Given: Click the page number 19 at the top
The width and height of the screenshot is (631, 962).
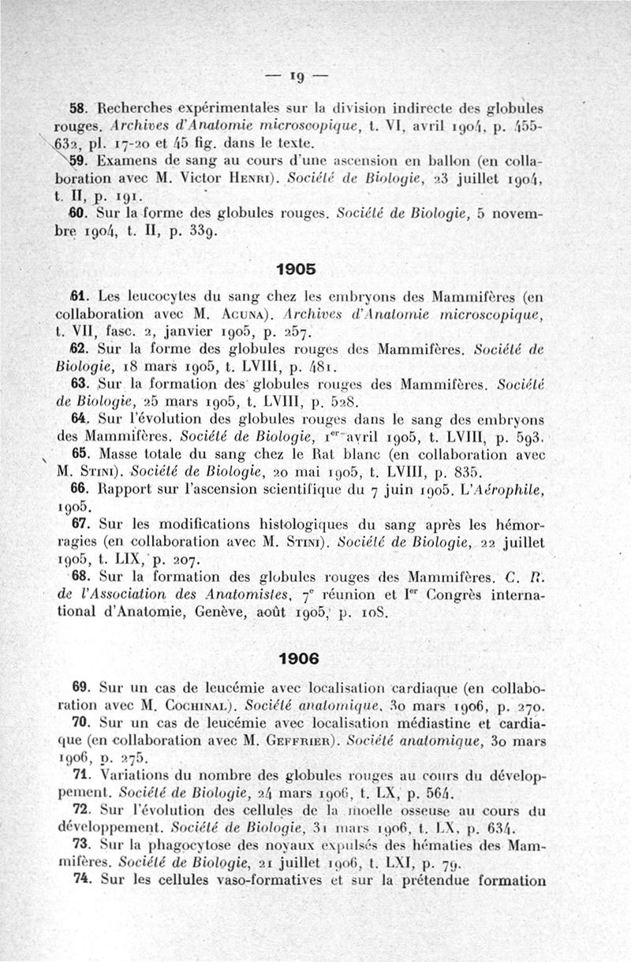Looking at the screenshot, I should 297,78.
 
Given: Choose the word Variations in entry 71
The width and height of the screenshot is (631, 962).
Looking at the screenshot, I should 141,775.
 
